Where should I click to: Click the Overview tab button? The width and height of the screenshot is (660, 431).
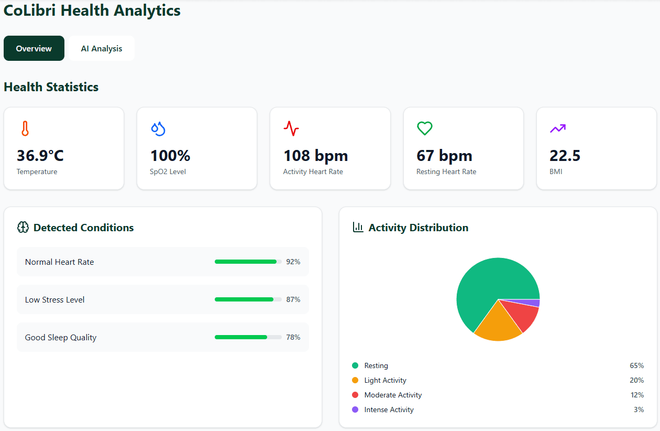(34, 48)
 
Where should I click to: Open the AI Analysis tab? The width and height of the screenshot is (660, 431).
(102, 48)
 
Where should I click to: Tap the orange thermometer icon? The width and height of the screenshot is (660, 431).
(25, 128)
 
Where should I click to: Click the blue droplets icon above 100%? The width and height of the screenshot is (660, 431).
(158, 128)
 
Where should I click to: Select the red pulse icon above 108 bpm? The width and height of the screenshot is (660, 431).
(291, 128)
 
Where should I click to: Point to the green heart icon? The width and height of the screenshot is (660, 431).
(424, 128)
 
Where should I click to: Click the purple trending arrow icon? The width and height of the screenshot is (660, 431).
(557, 128)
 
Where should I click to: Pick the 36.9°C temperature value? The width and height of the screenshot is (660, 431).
(40, 156)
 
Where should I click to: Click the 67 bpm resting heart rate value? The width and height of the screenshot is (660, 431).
(444, 156)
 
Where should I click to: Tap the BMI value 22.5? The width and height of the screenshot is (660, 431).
(565, 156)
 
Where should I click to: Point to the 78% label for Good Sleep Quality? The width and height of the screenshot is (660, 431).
(293, 337)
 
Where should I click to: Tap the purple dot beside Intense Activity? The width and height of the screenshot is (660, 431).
(355, 410)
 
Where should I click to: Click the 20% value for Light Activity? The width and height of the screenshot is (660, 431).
(636, 380)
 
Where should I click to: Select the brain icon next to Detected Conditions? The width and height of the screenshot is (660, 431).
(23, 228)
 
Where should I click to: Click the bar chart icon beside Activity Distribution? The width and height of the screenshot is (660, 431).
(358, 227)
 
